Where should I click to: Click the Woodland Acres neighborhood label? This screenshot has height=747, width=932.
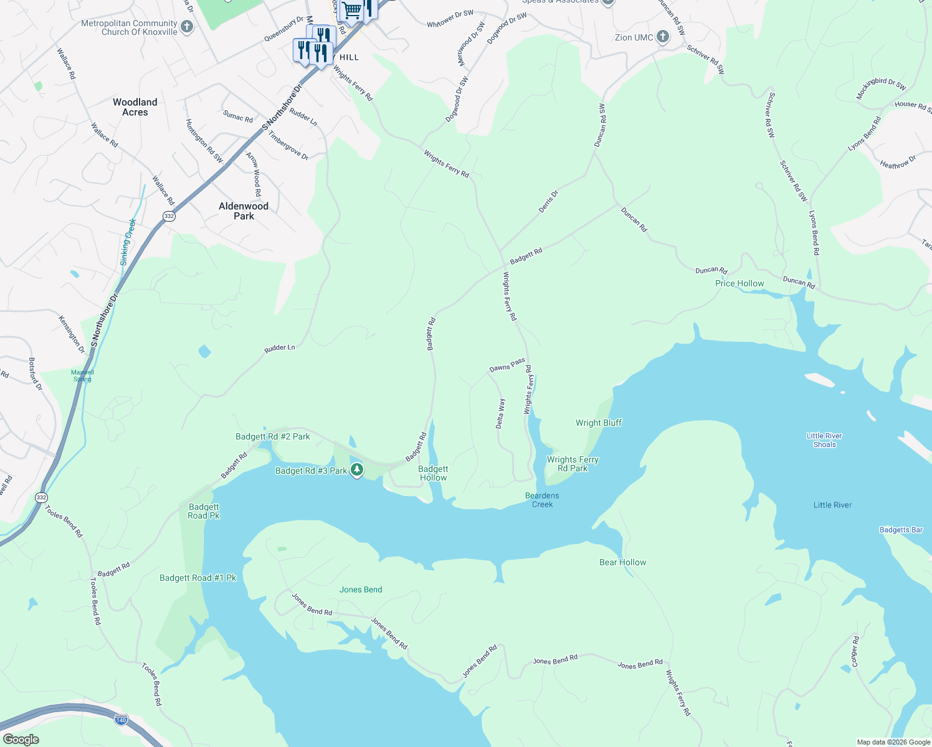[135, 107]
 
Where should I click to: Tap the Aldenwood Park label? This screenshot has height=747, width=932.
[244, 211]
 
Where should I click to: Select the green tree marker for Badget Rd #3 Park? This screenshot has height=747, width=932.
[357, 470]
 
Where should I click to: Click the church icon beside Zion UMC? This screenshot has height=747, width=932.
[663, 37]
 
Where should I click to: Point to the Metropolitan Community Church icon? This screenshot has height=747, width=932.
[186, 27]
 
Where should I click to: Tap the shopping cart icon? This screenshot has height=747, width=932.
[352, 10]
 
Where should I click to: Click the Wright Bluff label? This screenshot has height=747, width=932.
[598, 423]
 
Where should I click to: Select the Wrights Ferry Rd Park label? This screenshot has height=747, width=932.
[573, 464]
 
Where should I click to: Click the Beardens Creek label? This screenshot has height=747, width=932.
[542, 500]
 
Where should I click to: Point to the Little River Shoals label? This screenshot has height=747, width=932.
[824, 440]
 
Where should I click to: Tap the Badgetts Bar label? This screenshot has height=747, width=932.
[901, 530]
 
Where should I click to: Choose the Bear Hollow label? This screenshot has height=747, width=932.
[622, 562]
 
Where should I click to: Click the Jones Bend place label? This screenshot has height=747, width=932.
[361, 590]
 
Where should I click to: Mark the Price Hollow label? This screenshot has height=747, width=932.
[739, 283]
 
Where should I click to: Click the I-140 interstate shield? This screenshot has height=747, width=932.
[121, 720]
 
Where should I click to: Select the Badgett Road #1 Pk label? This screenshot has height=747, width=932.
[198, 578]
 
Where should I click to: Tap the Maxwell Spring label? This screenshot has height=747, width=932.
[82, 375]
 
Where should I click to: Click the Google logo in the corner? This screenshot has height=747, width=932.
[21, 740]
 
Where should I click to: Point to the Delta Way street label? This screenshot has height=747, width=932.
[500, 413]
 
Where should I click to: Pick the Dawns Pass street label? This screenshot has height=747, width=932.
[507, 365]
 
